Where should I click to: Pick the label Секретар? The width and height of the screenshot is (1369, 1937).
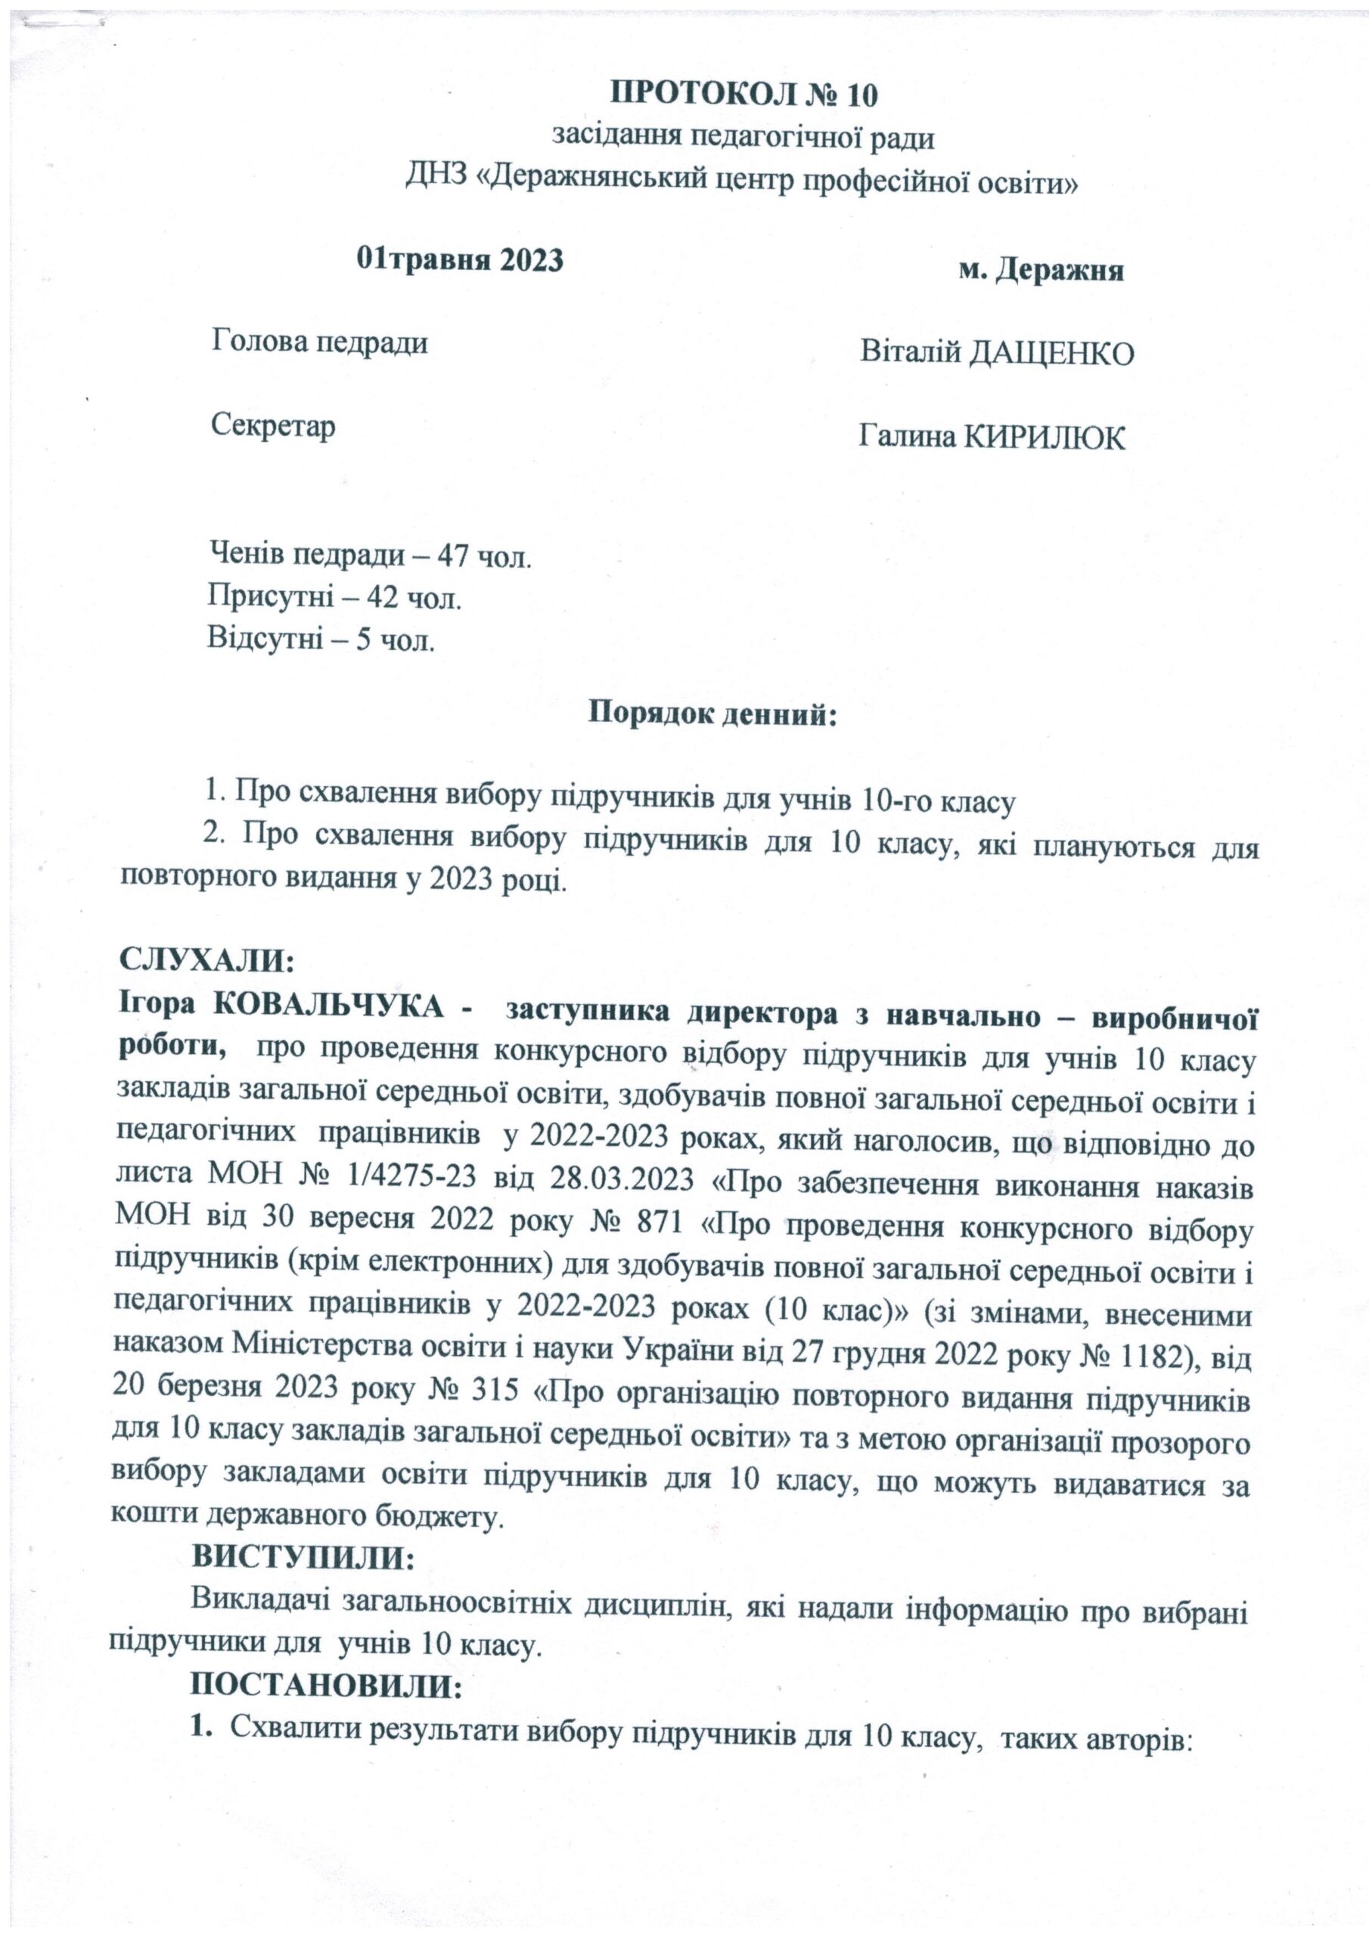pos(272,425)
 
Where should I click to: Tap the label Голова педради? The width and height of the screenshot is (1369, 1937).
pos(319,343)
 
